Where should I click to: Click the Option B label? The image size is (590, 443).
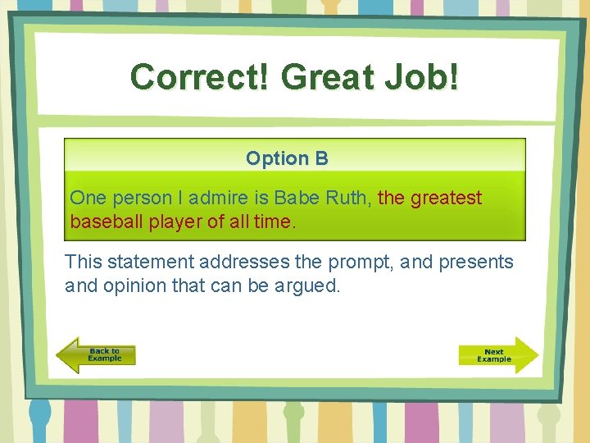[x=287, y=158]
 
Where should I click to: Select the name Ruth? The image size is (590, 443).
[x=348, y=198]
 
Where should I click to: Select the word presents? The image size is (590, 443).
[x=477, y=263]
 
